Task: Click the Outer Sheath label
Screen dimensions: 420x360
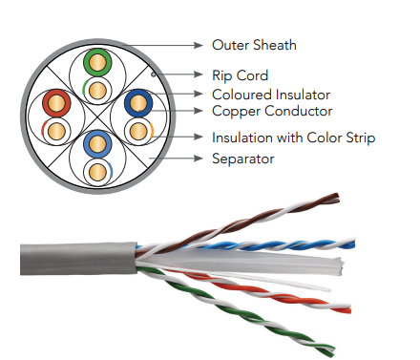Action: pyautogui.click(x=254, y=45)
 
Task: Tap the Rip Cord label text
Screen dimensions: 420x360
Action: pyautogui.click(x=241, y=75)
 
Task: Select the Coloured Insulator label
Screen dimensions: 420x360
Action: pyautogui.click(x=271, y=95)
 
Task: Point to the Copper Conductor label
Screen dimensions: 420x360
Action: pyautogui.click(x=272, y=111)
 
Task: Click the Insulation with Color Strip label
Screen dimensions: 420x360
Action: pyautogui.click(x=294, y=138)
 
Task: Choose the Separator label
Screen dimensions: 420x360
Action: pyautogui.click(x=243, y=159)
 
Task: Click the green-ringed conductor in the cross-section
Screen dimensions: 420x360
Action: pyautogui.click(x=97, y=62)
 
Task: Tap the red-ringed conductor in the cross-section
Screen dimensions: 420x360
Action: pyautogui.click(x=56, y=103)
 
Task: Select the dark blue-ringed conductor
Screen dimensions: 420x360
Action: pyautogui.click(x=138, y=103)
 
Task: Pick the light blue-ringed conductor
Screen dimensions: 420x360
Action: pyautogui.click(x=97, y=144)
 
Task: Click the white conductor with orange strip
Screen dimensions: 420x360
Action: pyautogui.click(x=138, y=131)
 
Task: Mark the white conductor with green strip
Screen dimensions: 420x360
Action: pyautogui.click(x=97, y=91)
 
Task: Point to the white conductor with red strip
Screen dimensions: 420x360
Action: pyautogui.click(x=56, y=131)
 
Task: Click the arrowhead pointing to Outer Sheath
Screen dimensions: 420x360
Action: pyautogui.click(x=199, y=46)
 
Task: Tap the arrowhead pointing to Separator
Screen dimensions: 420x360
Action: pyautogui.click(x=199, y=159)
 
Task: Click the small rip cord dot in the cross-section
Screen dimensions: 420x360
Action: pyautogui.click(x=154, y=74)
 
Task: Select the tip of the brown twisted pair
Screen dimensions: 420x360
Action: pyautogui.click(x=337, y=197)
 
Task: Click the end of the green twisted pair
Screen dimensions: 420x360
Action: pyautogui.click(x=331, y=350)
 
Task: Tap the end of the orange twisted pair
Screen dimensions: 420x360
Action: pyautogui.click(x=348, y=308)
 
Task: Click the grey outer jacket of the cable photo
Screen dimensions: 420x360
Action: pyautogui.click(x=78, y=259)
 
